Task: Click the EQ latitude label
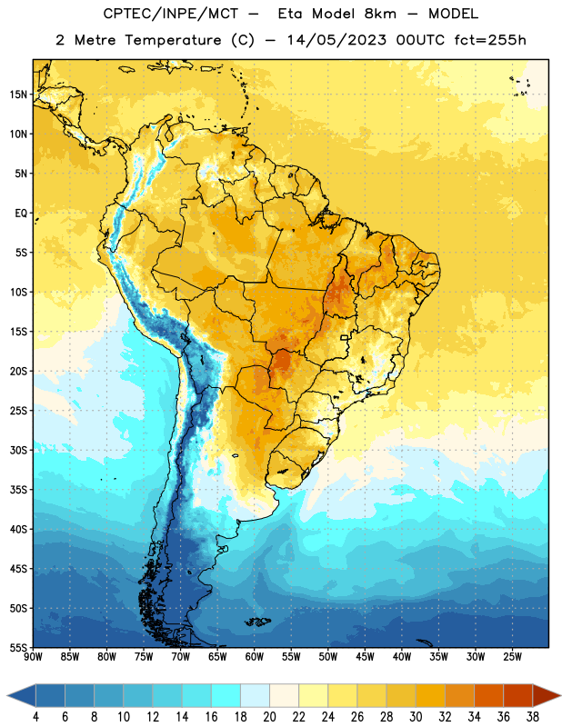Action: (21, 214)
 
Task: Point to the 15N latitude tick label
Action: (18, 95)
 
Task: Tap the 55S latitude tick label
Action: (18, 647)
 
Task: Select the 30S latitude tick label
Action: (18, 450)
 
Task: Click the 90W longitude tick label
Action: (33, 656)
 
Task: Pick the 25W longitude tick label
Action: (512, 656)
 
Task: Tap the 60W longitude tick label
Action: (255, 656)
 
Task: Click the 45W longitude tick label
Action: (366, 656)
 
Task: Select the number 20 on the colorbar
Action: (269, 717)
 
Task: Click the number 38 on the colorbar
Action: (533, 717)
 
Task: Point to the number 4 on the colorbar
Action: (35, 717)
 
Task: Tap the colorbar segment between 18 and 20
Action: (256, 695)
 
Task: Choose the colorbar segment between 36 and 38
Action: (518, 695)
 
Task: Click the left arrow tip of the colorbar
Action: (7, 695)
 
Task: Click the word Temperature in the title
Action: (173, 40)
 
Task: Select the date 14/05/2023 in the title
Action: (336, 40)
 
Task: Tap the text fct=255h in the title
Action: (490, 40)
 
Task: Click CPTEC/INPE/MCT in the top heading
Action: (170, 14)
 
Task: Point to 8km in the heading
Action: (380, 14)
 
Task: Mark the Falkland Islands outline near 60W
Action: (257, 622)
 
